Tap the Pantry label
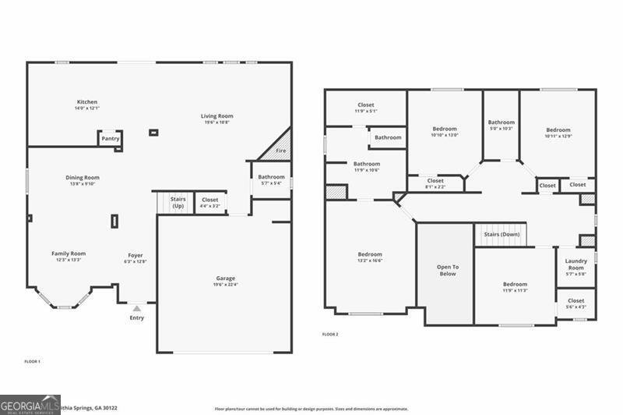[111, 138]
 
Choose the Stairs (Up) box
[178, 203]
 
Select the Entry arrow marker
[137, 309]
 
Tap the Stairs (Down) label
[502, 234]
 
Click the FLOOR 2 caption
[330, 334]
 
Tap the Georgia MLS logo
[30, 404]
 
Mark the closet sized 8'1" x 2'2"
[435, 184]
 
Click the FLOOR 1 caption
[32, 361]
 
